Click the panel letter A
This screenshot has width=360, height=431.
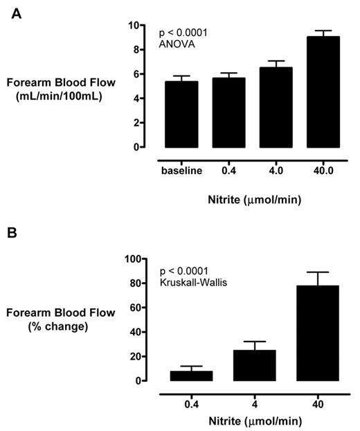point(15,13)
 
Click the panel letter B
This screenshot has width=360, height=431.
point(15,231)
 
